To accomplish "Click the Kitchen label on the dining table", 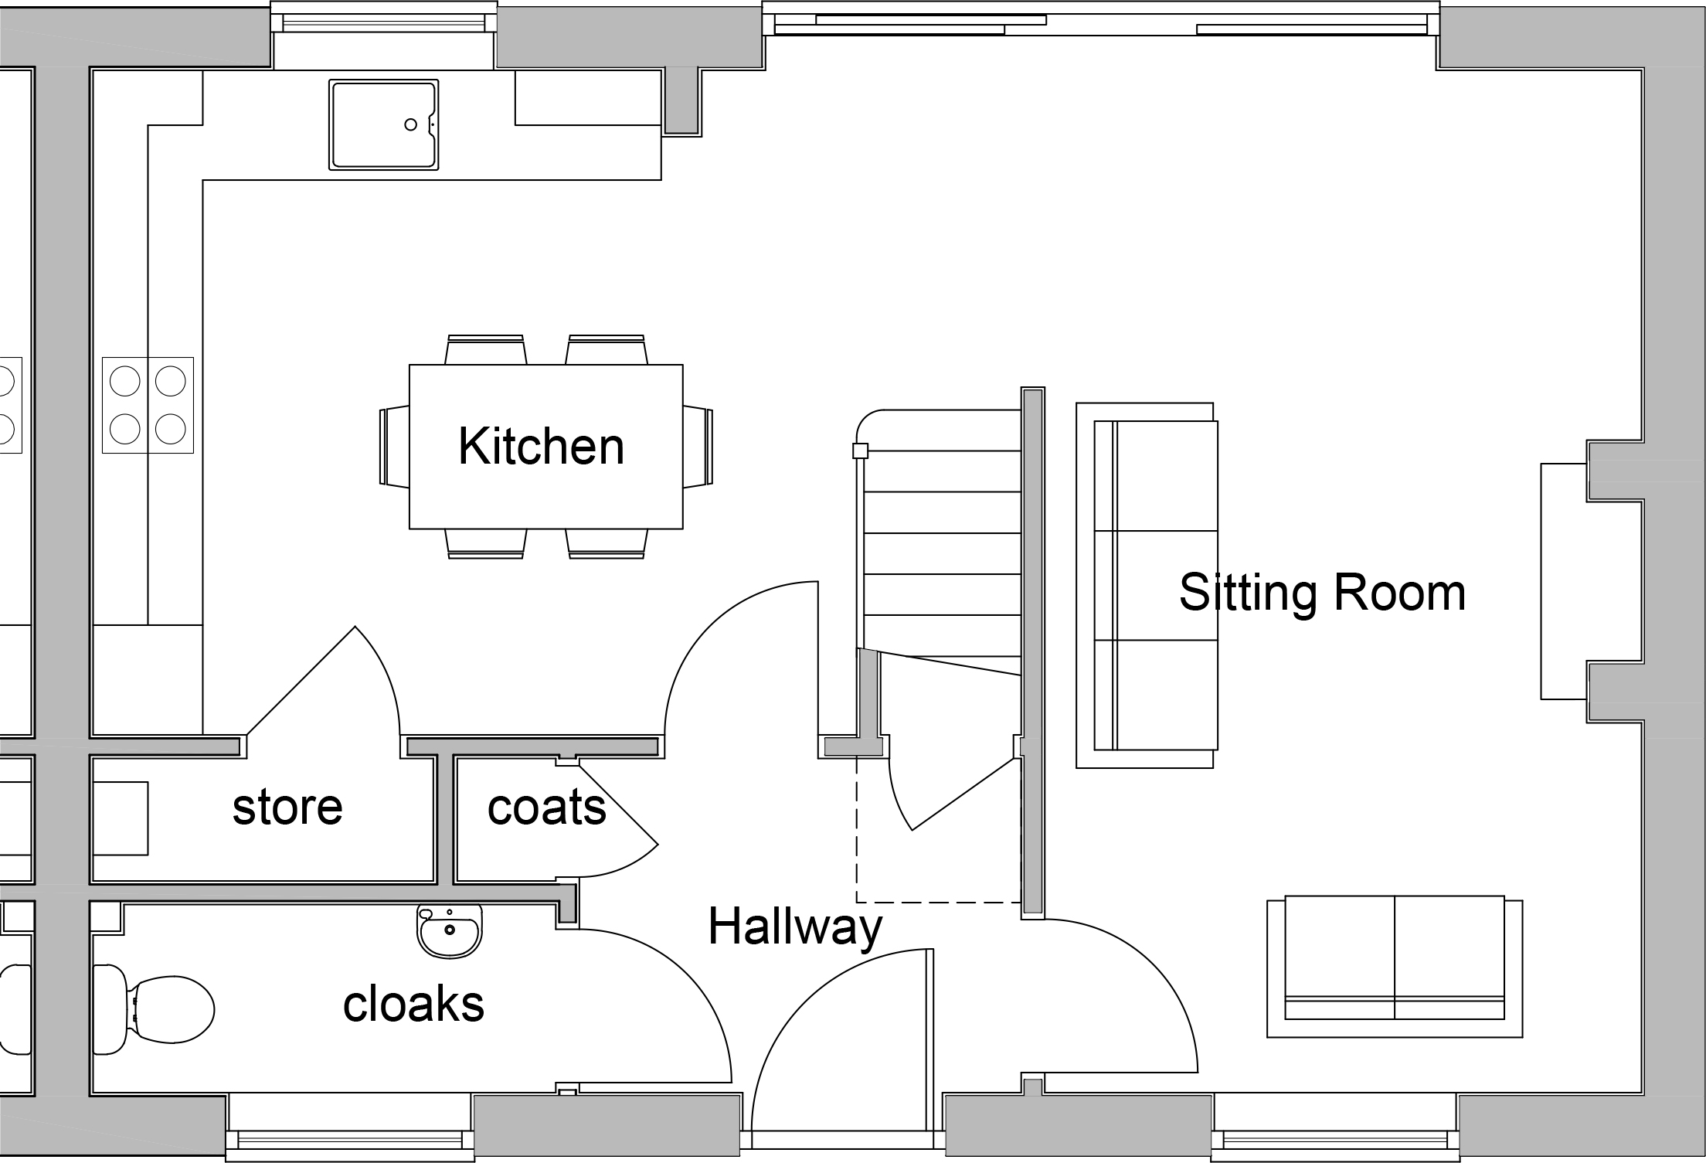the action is pyautogui.click(x=541, y=447).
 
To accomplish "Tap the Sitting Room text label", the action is pyautogui.click(x=1322, y=593).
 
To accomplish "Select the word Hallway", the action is pyautogui.click(x=795, y=927).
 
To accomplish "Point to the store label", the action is pyautogui.click(x=287, y=808).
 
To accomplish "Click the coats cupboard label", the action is pyautogui.click(x=547, y=808).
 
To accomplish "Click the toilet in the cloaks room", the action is pyautogui.click(x=153, y=1009).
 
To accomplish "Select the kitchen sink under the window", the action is pyautogui.click(x=384, y=124).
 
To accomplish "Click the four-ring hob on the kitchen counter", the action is pyautogui.click(x=148, y=405).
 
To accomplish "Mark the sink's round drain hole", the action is pyautogui.click(x=411, y=124).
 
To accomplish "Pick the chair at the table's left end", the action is pyautogui.click(x=395, y=447).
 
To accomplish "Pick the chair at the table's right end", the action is pyautogui.click(x=698, y=447).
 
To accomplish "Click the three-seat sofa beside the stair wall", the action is pyautogui.click(x=1147, y=585).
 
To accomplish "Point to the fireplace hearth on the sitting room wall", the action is pyautogui.click(x=1565, y=581).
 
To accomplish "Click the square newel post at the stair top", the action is pyautogui.click(x=860, y=451).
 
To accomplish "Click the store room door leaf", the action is pyautogui.click(x=301, y=680).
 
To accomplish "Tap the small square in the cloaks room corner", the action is pyautogui.click(x=106, y=917).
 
